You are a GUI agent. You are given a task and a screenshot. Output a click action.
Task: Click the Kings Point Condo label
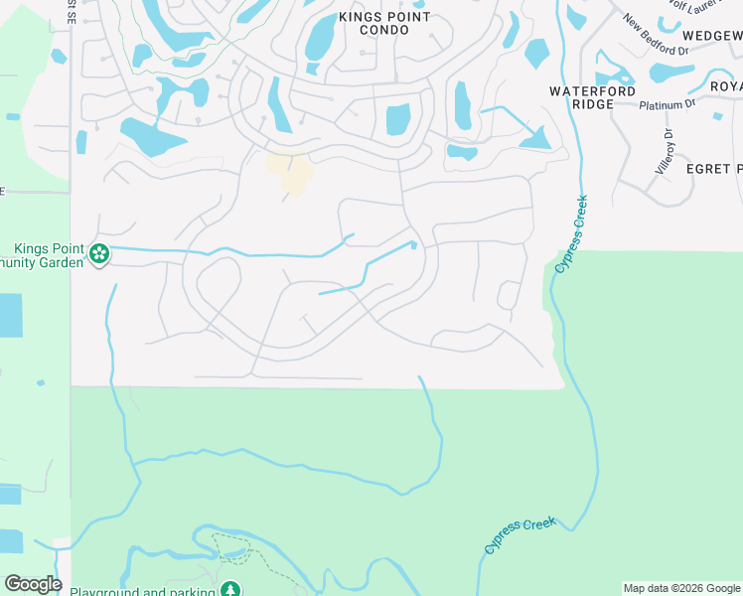tap(384, 23)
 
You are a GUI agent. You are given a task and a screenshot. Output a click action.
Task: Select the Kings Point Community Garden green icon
tap(99, 254)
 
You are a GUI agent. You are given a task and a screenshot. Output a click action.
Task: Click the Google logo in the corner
tap(33, 583)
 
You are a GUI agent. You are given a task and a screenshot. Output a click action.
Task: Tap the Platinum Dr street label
tap(668, 104)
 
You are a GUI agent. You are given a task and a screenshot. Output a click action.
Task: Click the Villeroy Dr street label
tap(664, 152)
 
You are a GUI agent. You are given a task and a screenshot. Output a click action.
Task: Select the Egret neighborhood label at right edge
tap(713, 169)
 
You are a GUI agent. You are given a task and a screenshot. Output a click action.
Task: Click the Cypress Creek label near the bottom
tap(520, 534)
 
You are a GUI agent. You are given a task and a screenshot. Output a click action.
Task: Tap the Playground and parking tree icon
tap(231, 589)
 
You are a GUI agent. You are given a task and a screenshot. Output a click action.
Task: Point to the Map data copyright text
tap(681, 588)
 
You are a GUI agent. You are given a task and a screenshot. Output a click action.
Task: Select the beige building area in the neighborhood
tap(290, 173)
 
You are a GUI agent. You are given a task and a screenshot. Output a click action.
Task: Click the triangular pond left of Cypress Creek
tap(537, 138)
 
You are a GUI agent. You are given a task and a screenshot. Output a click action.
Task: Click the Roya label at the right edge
tap(725, 85)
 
